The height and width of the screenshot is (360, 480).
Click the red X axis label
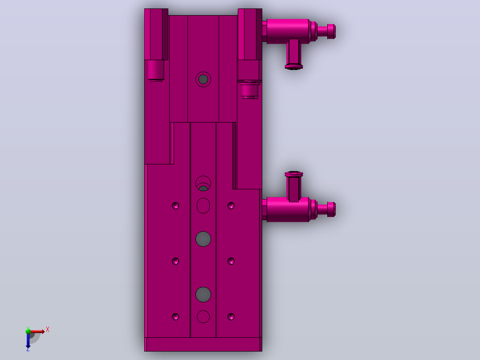[48, 330]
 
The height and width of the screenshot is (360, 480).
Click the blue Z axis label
[28, 349]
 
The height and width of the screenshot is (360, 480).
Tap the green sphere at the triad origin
[28, 331]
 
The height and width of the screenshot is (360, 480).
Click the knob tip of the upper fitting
[332, 32]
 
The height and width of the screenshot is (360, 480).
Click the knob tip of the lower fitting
[332, 209]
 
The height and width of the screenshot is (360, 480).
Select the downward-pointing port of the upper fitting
[294, 54]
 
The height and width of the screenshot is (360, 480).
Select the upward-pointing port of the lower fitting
[294, 187]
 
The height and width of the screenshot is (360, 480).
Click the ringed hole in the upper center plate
[203, 79]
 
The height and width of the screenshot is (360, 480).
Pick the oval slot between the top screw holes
[203, 205]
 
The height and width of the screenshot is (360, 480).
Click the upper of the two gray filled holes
[203, 239]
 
